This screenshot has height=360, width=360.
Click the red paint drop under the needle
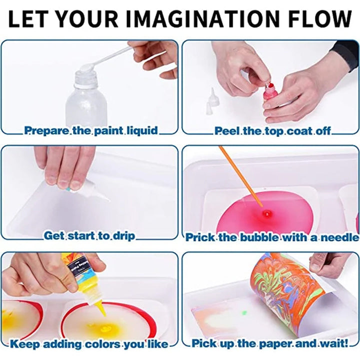pos(267,214)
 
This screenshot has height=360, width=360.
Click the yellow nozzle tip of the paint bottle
pos(101,309)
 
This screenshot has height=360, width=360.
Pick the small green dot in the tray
pos(244,312)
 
